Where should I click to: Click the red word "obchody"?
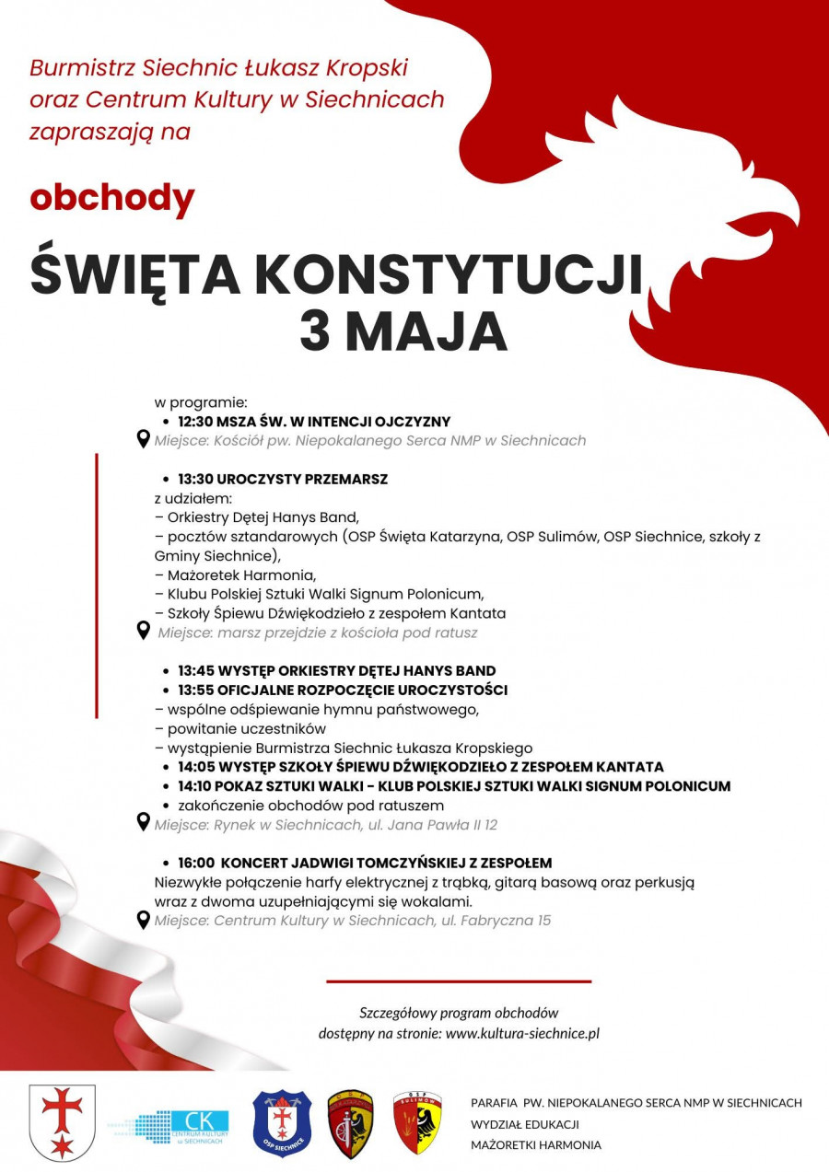point(112,198)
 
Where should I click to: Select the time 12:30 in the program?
point(195,422)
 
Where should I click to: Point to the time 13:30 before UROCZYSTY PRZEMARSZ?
point(195,480)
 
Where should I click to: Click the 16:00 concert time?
point(196,863)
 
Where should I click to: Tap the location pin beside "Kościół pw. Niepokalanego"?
point(143,439)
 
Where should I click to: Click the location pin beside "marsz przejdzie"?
point(143,631)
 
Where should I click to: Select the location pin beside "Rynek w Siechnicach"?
point(143,822)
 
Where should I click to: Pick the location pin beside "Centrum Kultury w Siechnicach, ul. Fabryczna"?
point(143,919)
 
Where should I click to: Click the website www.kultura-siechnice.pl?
point(522,1033)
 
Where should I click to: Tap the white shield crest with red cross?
point(63,1122)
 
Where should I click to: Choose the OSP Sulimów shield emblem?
point(417,1123)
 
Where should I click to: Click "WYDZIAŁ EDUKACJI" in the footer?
point(524,1124)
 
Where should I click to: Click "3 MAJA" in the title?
point(403,331)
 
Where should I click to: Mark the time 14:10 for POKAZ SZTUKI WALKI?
point(195,786)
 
